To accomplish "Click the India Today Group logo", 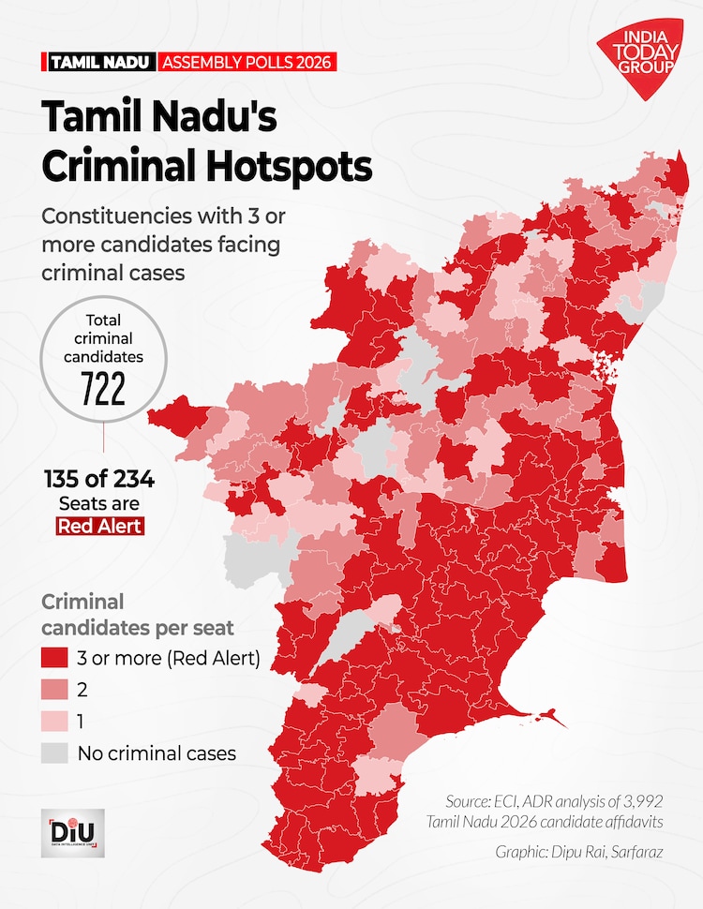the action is pyautogui.click(x=640, y=57).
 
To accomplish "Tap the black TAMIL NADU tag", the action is pyautogui.click(x=99, y=62).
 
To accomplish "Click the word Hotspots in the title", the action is pyautogui.click(x=289, y=167).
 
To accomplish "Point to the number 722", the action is pyautogui.click(x=103, y=389).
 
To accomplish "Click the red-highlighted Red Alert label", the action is pyautogui.click(x=100, y=526).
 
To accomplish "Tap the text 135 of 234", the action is pyautogui.click(x=99, y=480).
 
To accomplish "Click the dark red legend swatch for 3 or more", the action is pyautogui.click(x=54, y=658).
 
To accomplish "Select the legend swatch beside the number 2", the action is pyautogui.click(x=54, y=690).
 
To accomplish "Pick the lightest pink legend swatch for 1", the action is pyautogui.click(x=54, y=722).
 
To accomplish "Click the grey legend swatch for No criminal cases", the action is pyautogui.click(x=54, y=753).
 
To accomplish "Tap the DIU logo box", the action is pyautogui.click(x=73, y=833).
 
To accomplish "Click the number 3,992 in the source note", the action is pyautogui.click(x=643, y=801).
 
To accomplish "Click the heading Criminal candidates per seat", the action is pyautogui.click(x=138, y=615).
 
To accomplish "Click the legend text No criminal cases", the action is pyautogui.click(x=157, y=753).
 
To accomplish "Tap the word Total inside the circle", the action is pyautogui.click(x=103, y=320).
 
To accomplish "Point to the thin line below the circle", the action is pyautogui.click(x=104, y=437).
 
